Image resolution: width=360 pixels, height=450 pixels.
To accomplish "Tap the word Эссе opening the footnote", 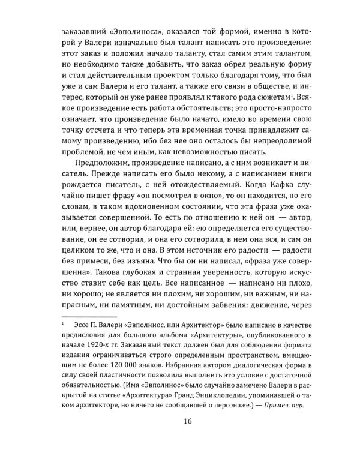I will click(84, 317).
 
